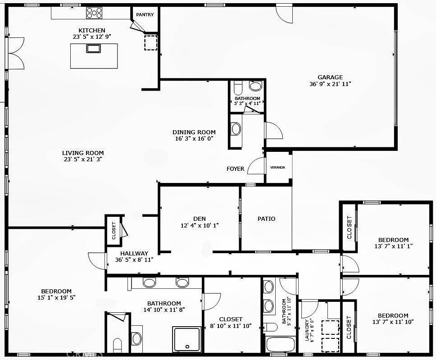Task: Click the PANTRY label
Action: [145, 15]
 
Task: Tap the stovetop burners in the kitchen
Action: [95, 13]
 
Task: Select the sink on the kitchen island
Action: [94, 49]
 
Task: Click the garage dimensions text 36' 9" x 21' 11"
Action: [330, 84]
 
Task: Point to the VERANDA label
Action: [277, 168]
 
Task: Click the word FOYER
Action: [235, 169]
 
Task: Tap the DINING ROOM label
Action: [194, 132]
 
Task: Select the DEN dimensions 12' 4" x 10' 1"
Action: [200, 225]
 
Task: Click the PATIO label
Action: [266, 219]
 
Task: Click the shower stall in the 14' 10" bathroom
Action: [186, 339]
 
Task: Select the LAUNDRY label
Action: [306, 331]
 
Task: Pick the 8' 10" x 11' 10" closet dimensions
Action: [231, 326]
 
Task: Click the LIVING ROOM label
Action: [83, 153]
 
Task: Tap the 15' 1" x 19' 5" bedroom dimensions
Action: [57, 298]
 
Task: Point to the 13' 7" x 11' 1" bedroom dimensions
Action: [393, 246]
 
